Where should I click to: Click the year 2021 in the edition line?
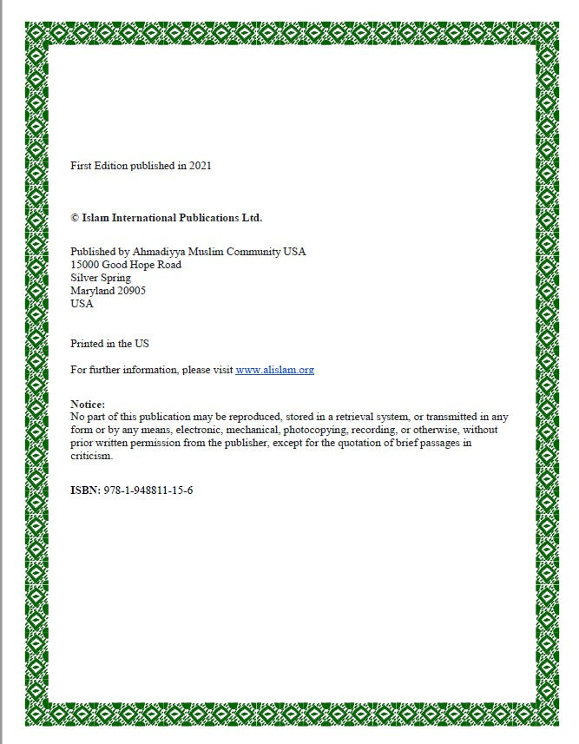[x=200, y=165]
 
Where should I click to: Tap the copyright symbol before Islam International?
[x=75, y=218]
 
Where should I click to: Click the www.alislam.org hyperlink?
[x=274, y=370]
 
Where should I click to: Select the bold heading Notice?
[x=88, y=405]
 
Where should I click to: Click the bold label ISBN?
[x=86, y=491]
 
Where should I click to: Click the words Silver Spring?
[x=101, y=278]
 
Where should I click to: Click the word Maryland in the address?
[x=91, y=291]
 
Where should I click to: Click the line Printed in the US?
[x=109, y=344]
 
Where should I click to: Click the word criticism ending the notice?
[x=91, y=456]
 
